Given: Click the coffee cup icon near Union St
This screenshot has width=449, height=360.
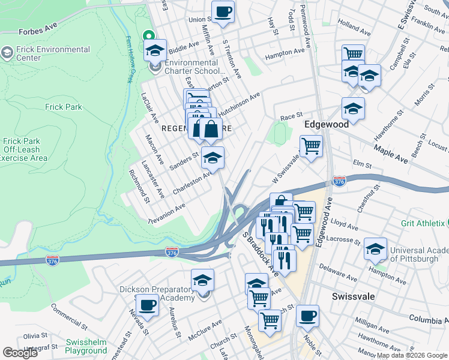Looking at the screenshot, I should tap(223, 11).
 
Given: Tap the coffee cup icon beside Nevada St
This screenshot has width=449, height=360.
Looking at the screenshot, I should tap(147, 304).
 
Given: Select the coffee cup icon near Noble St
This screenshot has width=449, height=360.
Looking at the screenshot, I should tap(307, 316).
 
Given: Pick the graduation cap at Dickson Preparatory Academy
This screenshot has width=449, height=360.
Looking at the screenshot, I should tap(202, 280).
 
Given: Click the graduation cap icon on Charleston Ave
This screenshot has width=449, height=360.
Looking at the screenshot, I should tap(212, 158).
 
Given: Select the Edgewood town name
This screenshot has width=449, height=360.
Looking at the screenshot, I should tap(326, 124).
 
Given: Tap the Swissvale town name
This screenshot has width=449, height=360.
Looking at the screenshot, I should tap(353, 297).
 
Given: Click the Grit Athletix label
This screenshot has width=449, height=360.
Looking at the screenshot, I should tap(423, 223).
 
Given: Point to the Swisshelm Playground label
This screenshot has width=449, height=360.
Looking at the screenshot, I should tap(86, 346).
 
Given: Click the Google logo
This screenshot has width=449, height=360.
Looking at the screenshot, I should tap(20, 353).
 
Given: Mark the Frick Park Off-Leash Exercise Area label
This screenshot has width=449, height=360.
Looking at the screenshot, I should tap(23, 150).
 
